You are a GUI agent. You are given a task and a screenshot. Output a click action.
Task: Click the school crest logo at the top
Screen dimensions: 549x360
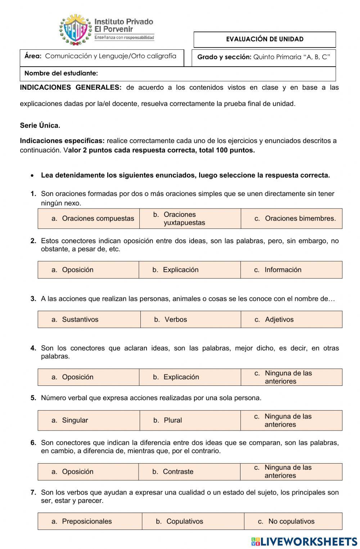click(76, 30)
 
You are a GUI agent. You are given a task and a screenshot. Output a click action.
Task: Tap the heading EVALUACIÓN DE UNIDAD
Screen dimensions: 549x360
click(265, 39)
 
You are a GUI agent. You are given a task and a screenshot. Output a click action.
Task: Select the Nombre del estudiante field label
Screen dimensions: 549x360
click(61, 73)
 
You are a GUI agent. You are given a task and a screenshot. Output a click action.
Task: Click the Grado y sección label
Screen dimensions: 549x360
click(224, 57)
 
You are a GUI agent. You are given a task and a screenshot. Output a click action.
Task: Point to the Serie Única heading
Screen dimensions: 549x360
click(40, 126)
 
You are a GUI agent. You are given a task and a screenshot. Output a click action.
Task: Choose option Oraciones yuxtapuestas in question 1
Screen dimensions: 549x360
click(184, 219)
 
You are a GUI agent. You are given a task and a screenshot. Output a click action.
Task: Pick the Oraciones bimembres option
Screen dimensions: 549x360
click(300, 218)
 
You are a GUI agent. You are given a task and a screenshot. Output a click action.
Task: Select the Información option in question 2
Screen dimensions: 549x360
click(283, 270)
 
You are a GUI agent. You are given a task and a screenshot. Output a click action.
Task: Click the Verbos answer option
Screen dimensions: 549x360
click(176, 320)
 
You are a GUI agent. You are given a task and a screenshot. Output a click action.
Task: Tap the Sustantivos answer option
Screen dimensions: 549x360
click(80, 320)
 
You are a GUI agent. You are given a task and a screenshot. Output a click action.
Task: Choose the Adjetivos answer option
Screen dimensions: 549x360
click(279, 320)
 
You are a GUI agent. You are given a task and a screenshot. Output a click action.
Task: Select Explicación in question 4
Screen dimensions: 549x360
click(181, 377)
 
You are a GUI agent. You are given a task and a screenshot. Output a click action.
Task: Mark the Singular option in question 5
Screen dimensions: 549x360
click(75, 420)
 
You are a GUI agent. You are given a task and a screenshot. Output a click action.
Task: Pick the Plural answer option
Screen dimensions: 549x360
click(173, 420)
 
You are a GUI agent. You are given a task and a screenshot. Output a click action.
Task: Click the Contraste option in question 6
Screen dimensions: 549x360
click(178, 472)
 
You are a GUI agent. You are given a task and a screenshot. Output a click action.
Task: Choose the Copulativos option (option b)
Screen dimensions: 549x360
click(185, 521)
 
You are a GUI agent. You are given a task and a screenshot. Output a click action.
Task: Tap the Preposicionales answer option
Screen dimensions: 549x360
click(87, 521)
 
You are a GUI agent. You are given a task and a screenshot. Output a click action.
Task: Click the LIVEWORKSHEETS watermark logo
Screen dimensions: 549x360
click(304, 541)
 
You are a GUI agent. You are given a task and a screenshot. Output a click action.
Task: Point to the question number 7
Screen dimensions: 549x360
click(33, 492)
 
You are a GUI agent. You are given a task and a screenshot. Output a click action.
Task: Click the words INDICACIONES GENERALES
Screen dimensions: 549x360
click(71, 88)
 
